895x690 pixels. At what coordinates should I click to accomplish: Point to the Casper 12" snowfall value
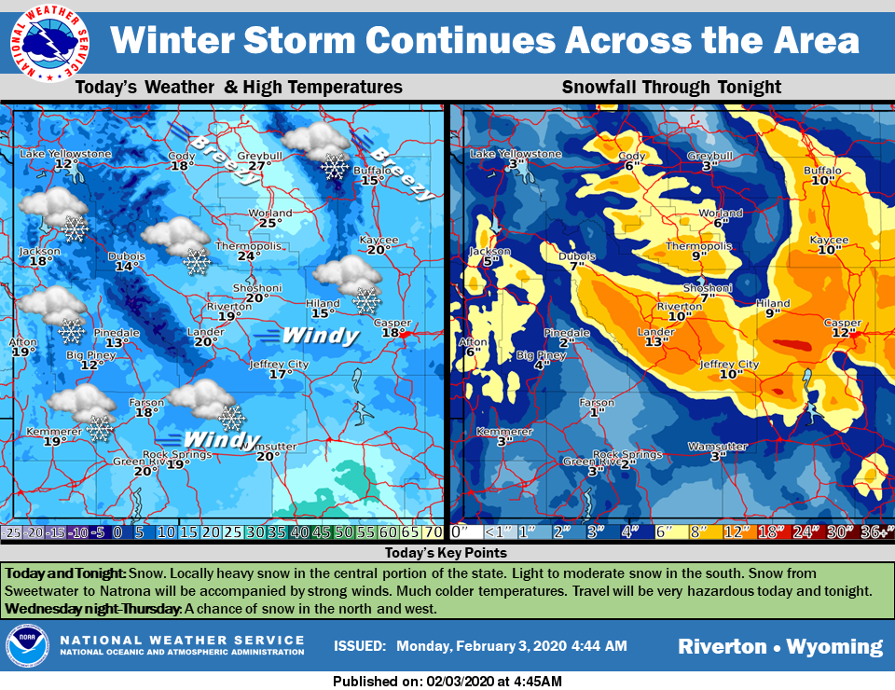[844, 333]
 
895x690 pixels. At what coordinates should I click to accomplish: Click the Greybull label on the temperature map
[253, 155]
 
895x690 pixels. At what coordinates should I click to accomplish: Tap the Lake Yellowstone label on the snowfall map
[516, 154]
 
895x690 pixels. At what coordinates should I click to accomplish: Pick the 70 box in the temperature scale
[433, 532]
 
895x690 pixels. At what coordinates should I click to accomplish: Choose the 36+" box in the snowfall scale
[875, 532]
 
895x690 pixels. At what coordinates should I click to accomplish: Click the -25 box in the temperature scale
[13, 532]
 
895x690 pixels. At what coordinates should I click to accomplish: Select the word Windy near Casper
[320, 335]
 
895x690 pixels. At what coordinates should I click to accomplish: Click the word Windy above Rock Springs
[221, 439]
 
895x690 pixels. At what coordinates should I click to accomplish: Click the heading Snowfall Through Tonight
[670, 88]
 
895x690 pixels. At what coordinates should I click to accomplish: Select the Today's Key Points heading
[447, 553]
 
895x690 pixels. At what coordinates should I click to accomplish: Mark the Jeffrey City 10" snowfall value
[730, 374]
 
